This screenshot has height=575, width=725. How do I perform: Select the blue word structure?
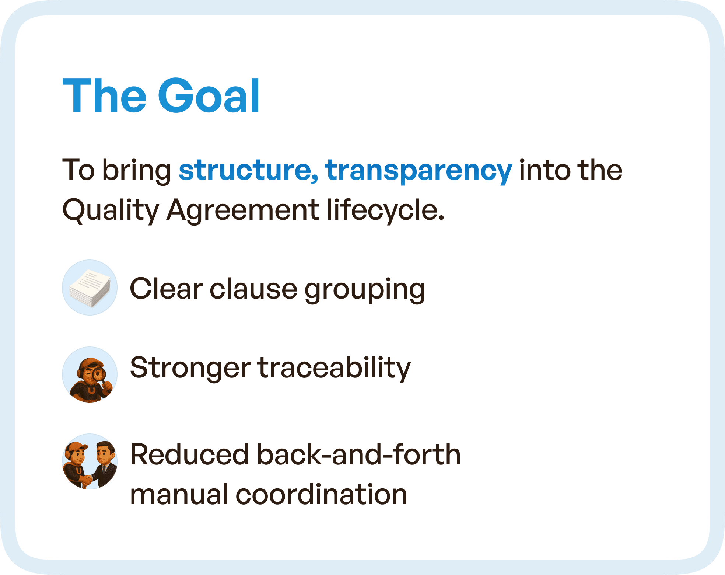[x=248, y=170]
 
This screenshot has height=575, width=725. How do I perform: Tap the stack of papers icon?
[x=90, y=288]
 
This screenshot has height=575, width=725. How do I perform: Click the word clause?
[x=253, y=289]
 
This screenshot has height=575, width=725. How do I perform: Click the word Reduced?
[x=190, y=455]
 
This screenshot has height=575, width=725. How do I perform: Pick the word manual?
[x=179, y=495]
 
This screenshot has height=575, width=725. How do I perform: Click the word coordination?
[x=321, y=495]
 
